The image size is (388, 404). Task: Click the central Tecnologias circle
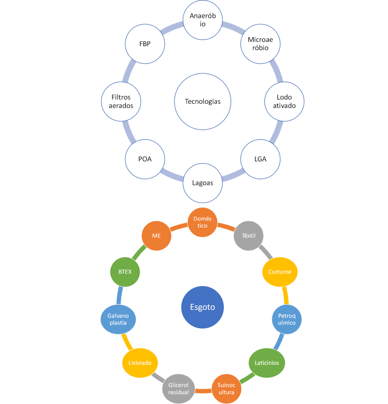click(x=202, y=101)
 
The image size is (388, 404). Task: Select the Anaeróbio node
click(x=202, y=20)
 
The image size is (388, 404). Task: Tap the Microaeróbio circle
click(x=260, y=43)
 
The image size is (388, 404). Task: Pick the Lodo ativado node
click(x=284, y=101)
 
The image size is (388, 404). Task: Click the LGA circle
click(x=260, y=159)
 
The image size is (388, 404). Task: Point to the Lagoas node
click(x=202, y=183)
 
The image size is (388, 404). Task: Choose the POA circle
click(x=144, y=159)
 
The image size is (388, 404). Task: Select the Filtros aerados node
click(x=121, y=101)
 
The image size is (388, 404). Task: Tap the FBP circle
click(x=144, y=43)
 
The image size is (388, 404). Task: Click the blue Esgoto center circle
click(x=202, y=307)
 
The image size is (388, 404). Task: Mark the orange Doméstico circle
click(x=202, y=222)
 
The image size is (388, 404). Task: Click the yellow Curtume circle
click(x=280, y=272)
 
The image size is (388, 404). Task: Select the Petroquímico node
click(x=287, y=319)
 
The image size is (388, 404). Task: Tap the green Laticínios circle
click(x=267, y=363)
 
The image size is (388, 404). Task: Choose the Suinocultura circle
click(x=227, y=389)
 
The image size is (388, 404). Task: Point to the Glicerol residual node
click(x=178, y=389)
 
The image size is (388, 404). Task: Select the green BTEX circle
click(x=125, y=272)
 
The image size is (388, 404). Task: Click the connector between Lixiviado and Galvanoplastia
click(x=127, y=342)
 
